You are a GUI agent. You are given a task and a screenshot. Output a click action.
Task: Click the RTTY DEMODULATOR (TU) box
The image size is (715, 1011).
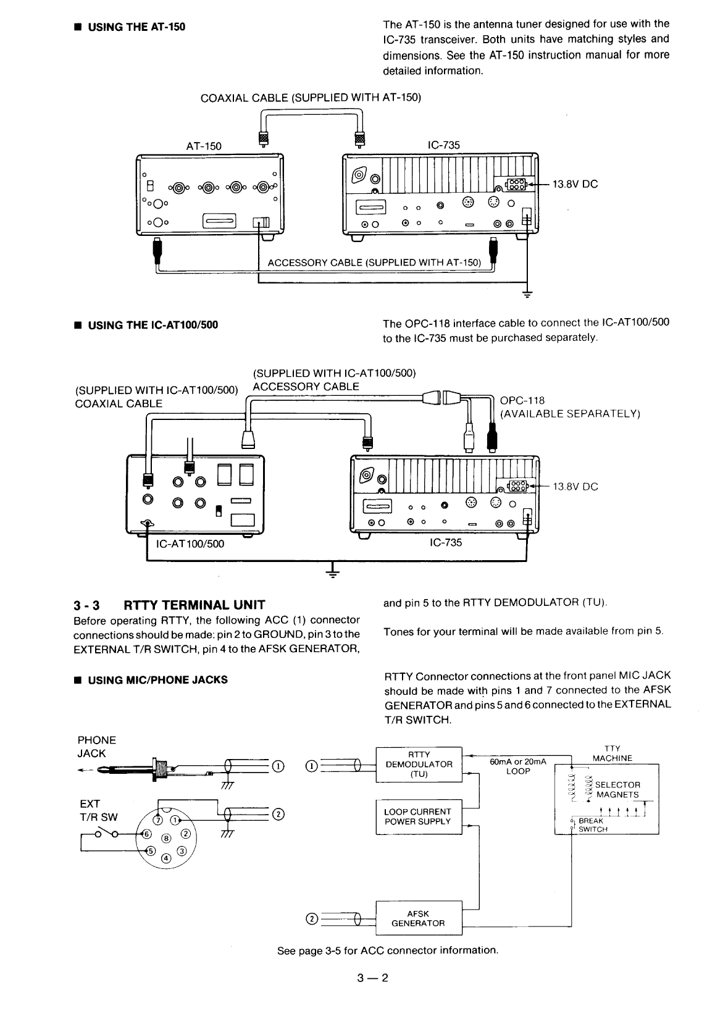[419, 765]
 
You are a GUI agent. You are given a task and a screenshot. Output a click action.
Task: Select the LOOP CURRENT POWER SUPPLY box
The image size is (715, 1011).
[419, 816]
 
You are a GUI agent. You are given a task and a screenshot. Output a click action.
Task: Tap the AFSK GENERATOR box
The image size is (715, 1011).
[419, 918]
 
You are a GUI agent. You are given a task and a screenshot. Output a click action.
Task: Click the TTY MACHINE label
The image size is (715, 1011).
[612, 753]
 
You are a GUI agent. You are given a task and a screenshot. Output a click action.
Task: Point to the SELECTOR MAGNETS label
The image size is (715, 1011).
[617, 790]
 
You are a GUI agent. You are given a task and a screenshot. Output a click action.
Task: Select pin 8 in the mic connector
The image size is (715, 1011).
[165, 838]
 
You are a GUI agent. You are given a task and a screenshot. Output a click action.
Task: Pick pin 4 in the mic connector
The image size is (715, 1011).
[165, 858]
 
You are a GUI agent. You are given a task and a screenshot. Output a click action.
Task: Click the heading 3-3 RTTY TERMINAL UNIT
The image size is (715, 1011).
[169, 605]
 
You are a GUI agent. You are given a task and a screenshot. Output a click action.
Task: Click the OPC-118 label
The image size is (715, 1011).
[522, 400]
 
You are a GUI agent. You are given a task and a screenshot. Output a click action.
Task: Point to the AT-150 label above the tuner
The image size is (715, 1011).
[204, 146]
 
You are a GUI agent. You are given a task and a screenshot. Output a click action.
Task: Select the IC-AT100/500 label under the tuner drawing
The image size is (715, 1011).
[190, 544]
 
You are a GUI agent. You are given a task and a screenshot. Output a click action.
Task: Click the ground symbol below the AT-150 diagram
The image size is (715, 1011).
[527, 294]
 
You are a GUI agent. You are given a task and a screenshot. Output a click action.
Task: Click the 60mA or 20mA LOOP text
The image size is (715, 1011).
[517, 766]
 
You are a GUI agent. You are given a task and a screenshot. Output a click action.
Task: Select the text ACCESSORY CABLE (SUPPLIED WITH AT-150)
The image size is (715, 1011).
[374, 263]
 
